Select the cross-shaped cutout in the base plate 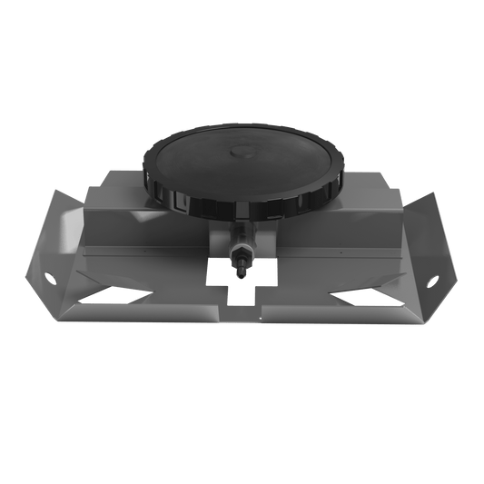click(240, 286)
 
